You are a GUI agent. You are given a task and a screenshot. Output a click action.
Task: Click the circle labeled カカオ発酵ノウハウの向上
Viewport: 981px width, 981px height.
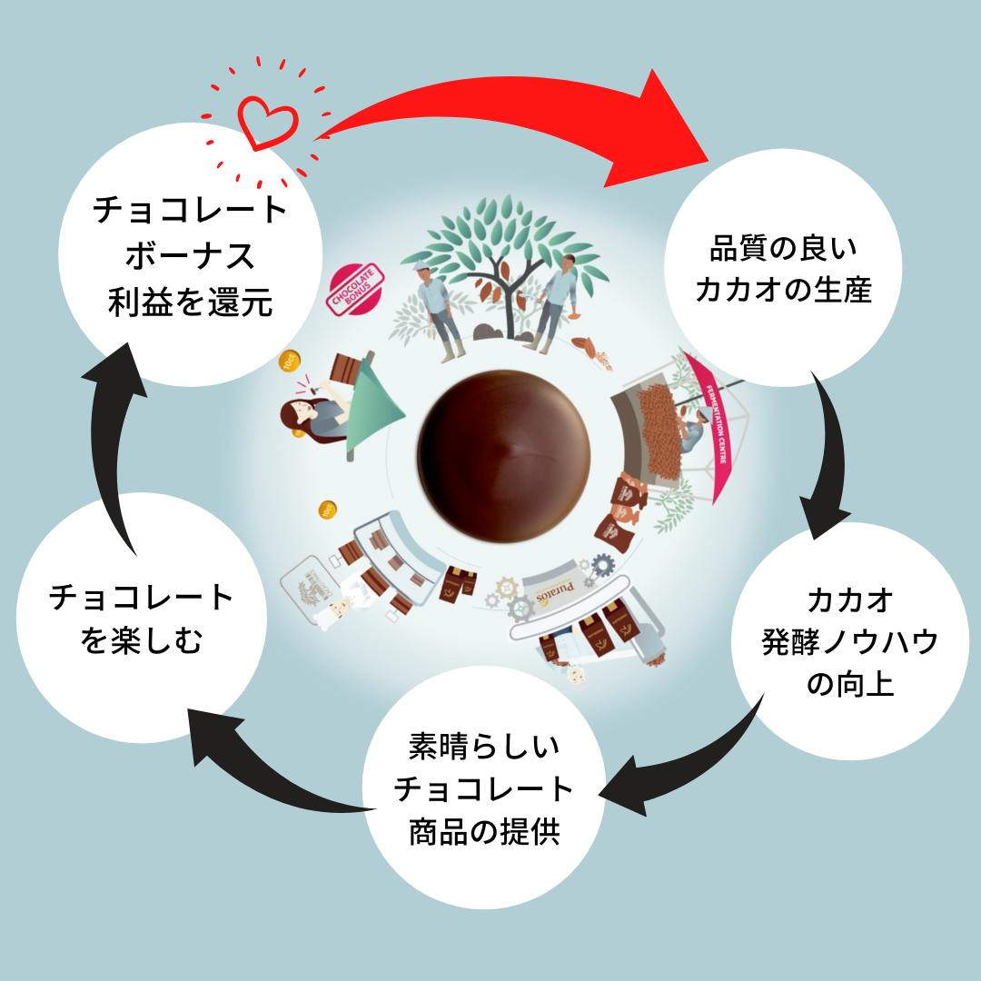pos(850,641)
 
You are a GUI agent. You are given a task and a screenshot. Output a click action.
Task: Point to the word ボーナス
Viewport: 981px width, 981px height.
pos(190,257)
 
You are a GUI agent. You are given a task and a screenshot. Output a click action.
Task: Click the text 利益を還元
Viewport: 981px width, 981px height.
pos(190,302)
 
